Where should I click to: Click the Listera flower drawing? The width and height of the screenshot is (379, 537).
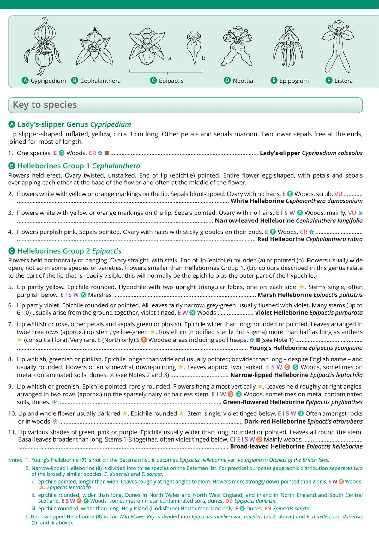coord(338,46)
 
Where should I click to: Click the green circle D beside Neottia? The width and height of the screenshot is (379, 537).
coord(227,81)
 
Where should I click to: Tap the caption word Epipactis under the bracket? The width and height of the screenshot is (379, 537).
coord(171,81)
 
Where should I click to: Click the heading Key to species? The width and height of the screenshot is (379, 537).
coord(45,105)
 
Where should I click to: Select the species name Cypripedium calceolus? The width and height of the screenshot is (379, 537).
coord(332,153)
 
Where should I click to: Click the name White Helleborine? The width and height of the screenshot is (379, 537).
coord(257,201)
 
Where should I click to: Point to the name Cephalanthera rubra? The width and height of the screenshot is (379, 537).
coord(334,239)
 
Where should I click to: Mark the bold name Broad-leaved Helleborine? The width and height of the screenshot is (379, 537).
coord(267,446)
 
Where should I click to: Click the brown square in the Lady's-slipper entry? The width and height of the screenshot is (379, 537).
coord(107,153)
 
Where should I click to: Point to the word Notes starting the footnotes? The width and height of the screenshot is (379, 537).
coord(15,460)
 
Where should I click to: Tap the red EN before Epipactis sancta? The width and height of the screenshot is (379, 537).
coord(268,509)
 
